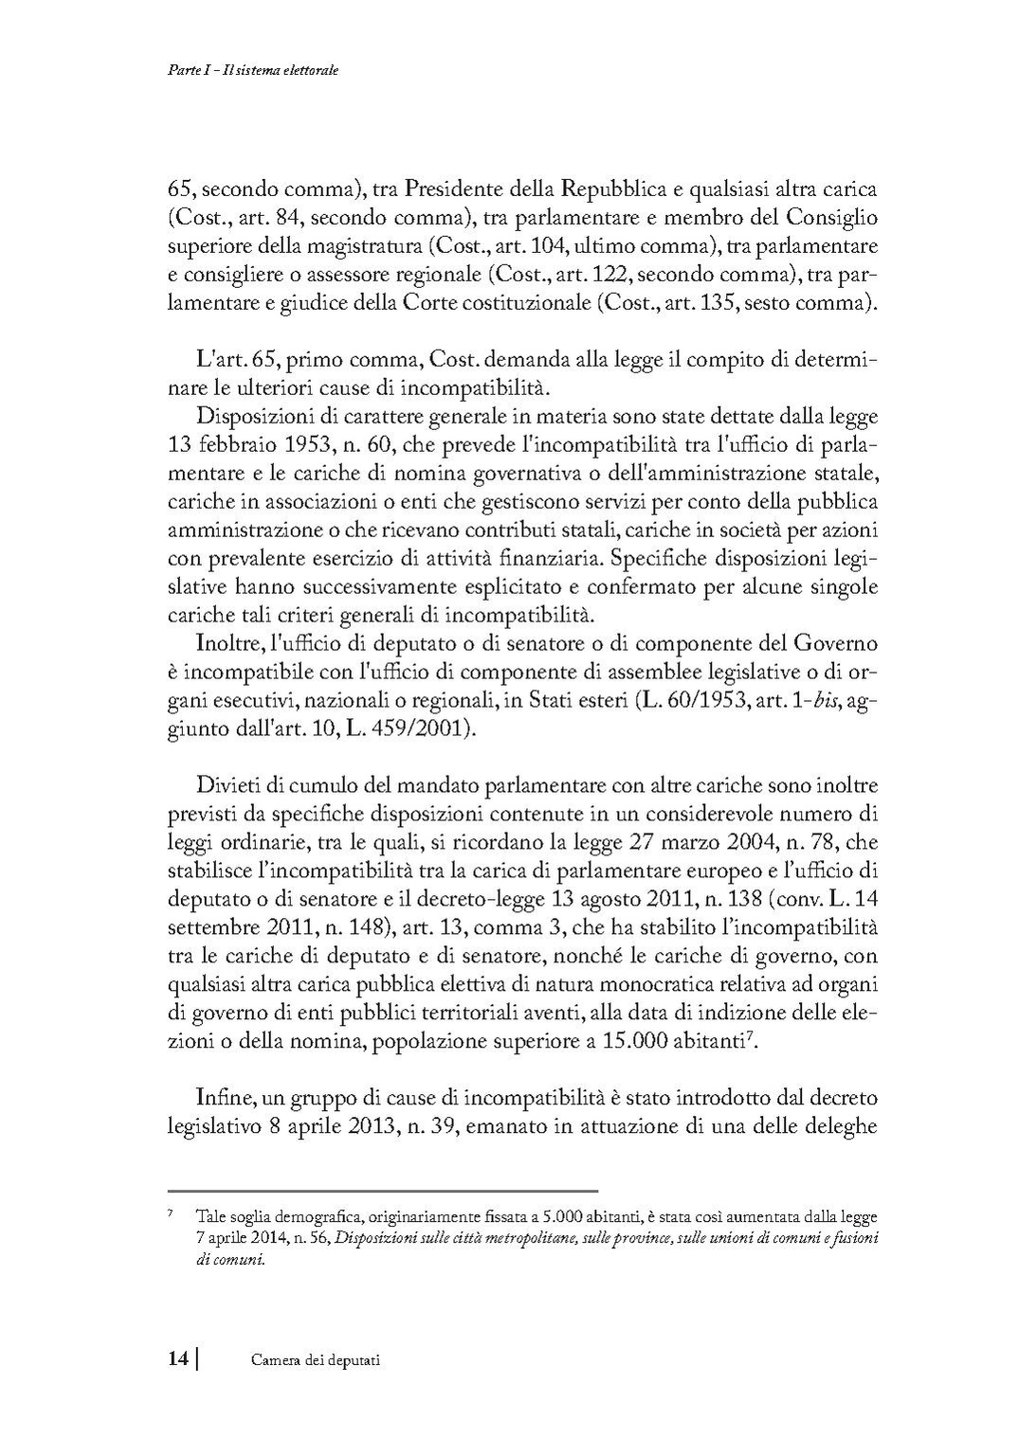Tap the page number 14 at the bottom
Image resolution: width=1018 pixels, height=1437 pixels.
pyautogui.click(x=178, y=1359)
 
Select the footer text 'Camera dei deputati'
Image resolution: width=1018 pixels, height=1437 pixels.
pyautogui.click(x=316, y=1360)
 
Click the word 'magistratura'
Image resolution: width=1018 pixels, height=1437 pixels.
pyautogui.click(x=365, y=247)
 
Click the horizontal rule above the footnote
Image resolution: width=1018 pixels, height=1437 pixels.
pyautogui.click(x=382, y=1191)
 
